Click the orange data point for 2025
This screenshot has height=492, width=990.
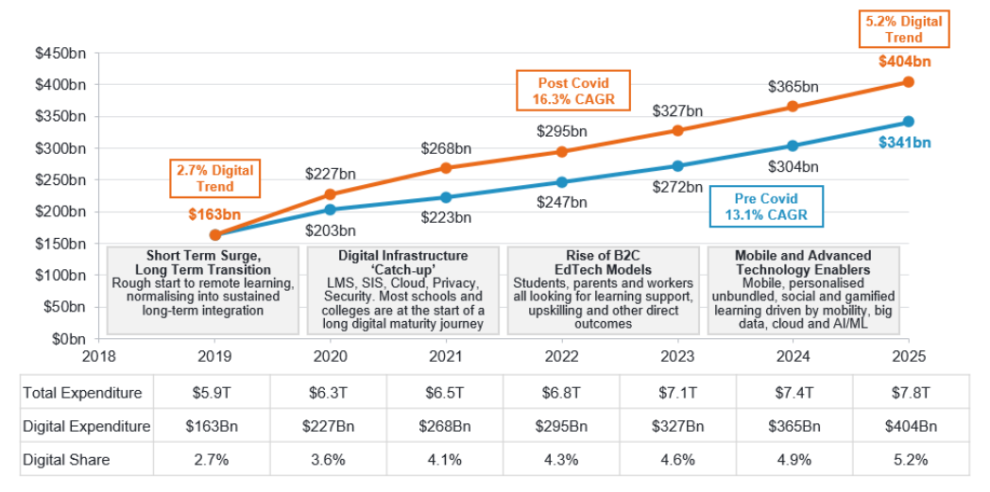point(908,82)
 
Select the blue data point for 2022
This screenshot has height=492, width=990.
point(561,182)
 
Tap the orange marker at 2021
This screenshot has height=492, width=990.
point(446,168)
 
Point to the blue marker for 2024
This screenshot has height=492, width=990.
point(793,145)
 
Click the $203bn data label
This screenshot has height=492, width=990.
point(330,229)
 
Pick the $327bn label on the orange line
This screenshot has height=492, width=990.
point(677,110)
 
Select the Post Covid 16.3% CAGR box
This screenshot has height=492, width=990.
point(560,91)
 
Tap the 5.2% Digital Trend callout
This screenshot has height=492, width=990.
point(903,28)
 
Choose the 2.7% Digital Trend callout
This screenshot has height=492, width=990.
point(215,178)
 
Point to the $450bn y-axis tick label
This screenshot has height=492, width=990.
point(61,54)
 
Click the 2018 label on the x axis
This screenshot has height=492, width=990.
point(99,356)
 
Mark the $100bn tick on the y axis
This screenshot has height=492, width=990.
point(61,275)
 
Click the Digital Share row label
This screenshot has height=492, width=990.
point(66,460)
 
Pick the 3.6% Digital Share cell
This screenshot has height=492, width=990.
point(329,460)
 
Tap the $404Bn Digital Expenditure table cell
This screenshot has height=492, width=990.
point(910,426)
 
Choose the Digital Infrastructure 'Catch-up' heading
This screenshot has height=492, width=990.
point(402,262)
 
